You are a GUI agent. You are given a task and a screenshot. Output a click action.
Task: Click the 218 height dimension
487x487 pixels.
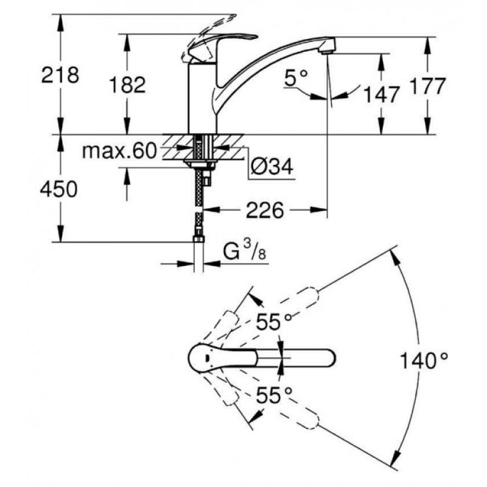(x=60, y=75)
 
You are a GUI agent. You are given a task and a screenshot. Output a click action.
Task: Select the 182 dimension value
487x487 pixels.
(x=127, y=85)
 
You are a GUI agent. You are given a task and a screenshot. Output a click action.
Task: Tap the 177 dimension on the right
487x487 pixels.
(x=428, y=86)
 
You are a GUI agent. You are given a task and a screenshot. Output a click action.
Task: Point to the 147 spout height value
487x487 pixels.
(x=381, y=95)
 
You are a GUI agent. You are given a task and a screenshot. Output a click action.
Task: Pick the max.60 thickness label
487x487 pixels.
(x=119, y=151)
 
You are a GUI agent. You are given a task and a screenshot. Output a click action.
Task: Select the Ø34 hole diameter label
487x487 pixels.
(x=272, y=167)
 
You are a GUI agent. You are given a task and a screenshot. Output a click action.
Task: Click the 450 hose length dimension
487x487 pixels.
(x=58, y=189)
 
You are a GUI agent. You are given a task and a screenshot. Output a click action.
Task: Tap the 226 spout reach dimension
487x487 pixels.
(x=265, y=210)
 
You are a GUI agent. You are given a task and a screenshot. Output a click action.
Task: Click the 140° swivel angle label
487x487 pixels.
(x=424, y=360)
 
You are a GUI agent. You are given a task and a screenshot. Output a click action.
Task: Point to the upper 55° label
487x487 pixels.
(x=274, y=322)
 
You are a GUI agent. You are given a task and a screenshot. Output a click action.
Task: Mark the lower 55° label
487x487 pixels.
(x=274, y=395)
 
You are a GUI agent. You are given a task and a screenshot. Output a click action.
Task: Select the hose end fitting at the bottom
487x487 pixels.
(x=199, y=239)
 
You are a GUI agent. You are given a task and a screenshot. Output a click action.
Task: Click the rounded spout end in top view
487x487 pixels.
(x=330, y=358)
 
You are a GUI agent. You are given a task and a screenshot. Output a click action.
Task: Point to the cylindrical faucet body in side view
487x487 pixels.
(x=203, y=98)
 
